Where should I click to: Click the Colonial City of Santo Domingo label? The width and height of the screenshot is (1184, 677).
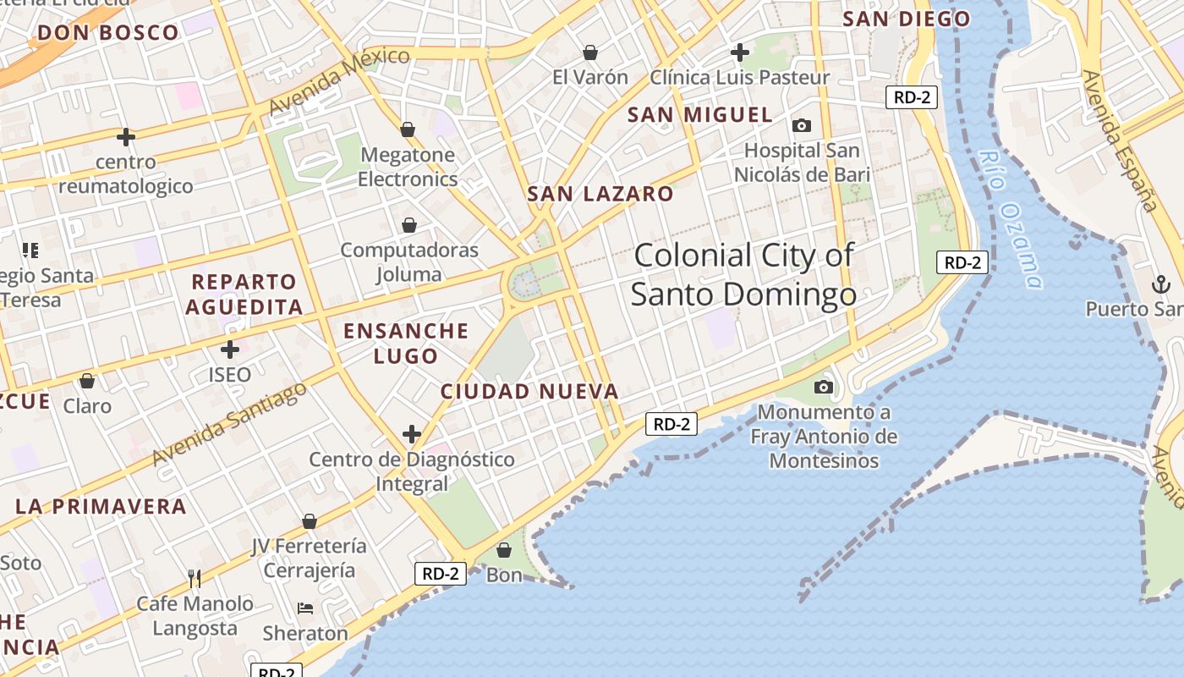coord(743,274)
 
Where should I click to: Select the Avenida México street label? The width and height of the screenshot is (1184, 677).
coord(338,80)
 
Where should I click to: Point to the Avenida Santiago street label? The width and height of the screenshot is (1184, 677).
coord(229,424)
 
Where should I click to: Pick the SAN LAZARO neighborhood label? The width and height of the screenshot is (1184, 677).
coord(600,194)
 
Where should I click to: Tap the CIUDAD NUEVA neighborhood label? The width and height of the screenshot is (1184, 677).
coord(529,392)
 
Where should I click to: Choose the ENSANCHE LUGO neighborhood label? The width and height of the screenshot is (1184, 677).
coord(406,343)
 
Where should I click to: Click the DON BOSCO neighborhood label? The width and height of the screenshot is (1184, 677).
coord(108,33)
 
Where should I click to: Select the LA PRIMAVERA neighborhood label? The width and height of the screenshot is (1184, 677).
coord(101,506)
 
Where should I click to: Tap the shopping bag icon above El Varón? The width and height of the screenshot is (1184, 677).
coord(590,52)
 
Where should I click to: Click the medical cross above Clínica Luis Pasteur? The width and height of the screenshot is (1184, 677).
coord(740,52)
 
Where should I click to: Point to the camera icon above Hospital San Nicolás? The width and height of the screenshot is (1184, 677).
coord(801,126)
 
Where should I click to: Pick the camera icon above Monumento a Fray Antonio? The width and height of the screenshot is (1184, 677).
coord(823,388)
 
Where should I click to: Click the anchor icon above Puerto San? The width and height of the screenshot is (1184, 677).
coord(1159,284)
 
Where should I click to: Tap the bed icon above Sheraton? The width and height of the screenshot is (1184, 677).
coord(305,608)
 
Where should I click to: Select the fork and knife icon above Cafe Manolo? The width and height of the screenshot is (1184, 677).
coord(195,579)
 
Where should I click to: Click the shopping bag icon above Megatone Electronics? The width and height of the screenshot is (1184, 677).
coord(408,129)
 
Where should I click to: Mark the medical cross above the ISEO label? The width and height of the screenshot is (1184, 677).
coord(230,349)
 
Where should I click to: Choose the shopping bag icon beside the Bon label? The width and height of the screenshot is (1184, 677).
coord(504,550)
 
